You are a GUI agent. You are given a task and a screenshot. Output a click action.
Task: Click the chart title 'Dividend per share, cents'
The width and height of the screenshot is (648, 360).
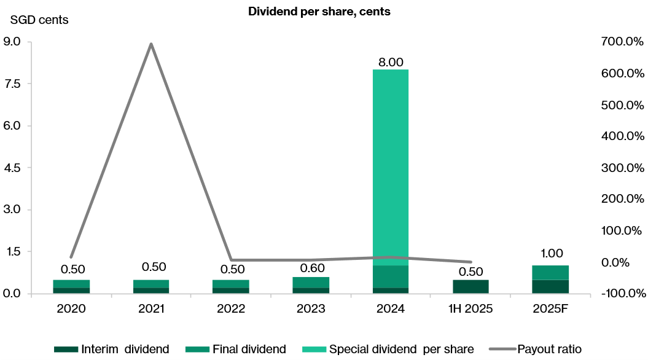[319, 12]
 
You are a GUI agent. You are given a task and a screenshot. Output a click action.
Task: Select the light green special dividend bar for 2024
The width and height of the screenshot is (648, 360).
[391, 166]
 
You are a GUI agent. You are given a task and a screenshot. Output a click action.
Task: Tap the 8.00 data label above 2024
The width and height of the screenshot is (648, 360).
[391, 62]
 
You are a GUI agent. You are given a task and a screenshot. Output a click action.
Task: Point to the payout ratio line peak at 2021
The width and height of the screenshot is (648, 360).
[151, 44]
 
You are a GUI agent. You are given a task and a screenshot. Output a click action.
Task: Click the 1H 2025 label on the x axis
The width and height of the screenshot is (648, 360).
[470, 308]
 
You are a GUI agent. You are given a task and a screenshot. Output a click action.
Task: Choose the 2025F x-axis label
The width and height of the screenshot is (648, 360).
[550, 308]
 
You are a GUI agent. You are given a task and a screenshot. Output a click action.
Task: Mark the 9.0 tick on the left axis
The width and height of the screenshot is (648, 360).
[12, 42]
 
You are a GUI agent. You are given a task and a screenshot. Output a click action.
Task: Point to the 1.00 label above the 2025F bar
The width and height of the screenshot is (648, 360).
[550, 253]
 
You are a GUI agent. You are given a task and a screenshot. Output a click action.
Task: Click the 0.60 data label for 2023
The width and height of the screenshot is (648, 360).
[311, 268]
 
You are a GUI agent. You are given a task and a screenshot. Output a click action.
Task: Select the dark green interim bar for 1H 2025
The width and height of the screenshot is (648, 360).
[470, 287]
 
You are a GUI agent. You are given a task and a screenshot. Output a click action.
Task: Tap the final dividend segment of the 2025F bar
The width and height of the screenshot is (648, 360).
[550, 272]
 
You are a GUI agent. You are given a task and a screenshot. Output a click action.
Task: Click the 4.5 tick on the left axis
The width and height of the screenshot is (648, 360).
[12, 168]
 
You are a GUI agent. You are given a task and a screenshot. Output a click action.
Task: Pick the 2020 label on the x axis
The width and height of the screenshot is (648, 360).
[71, 308]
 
